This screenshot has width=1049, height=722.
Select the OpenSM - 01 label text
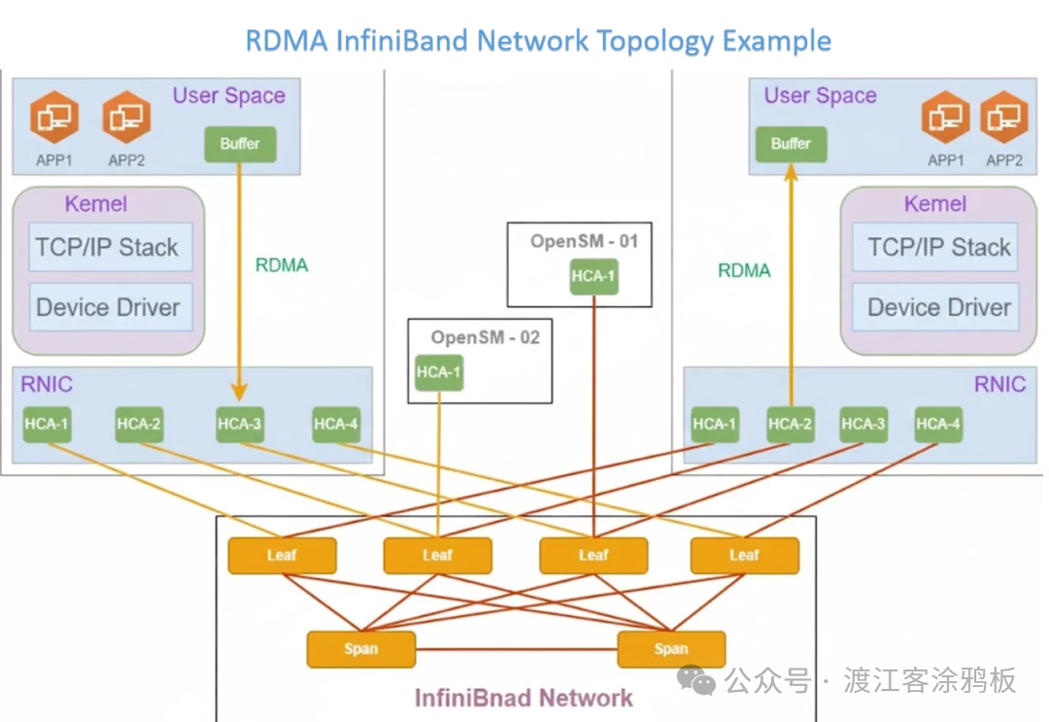click(x=584, y=241)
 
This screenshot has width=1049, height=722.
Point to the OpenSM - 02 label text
click(x=485, y=337)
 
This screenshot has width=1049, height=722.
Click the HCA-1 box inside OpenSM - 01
click(x=593, y=276)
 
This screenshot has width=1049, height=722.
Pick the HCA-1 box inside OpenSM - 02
click(x=438, y=371)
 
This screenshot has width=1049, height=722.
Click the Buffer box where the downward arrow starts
click(x=239, y=144)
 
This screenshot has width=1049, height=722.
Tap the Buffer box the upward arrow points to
click(x=791, y=144)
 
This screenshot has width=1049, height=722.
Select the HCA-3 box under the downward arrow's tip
click(x=239, y=424)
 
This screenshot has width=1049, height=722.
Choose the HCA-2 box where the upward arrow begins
click(x=791, y=424)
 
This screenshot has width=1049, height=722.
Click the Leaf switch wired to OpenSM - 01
click(x=593, y=555)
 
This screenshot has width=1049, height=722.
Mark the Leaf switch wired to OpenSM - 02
click(x=437, y=555)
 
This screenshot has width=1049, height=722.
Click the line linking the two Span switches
click(x=516, y=649)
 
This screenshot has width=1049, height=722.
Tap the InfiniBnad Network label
click(x=524, y=698)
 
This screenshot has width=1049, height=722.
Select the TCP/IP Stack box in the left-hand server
click(x=108, y=247)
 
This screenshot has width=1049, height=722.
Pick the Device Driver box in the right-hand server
click(x=939, y=307)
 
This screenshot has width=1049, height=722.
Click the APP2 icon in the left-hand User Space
click(x=126, y=118)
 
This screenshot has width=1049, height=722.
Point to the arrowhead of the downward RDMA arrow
click(x=239, y=394)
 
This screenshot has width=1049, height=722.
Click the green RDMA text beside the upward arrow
click(x=744, y=271)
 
